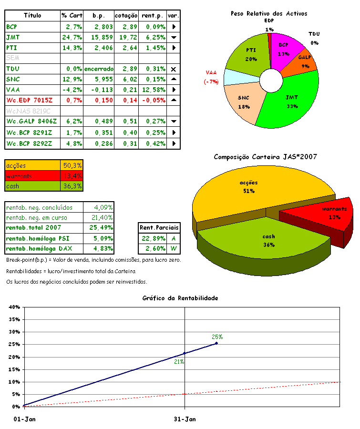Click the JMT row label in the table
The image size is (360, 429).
(x=13, y=37)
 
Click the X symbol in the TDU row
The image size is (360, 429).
(x=173, y=69)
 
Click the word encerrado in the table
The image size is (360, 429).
(x=99, y=69)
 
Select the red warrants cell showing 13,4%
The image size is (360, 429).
(x=72, y=176)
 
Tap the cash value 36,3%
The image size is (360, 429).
(x=72, y=186)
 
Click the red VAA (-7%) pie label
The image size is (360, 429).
(x=211, y=77)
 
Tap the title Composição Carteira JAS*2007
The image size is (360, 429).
(x=266, y=157)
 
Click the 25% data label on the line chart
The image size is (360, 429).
(x=217, y=337)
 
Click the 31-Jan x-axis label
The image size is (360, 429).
(x=185, y=419)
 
